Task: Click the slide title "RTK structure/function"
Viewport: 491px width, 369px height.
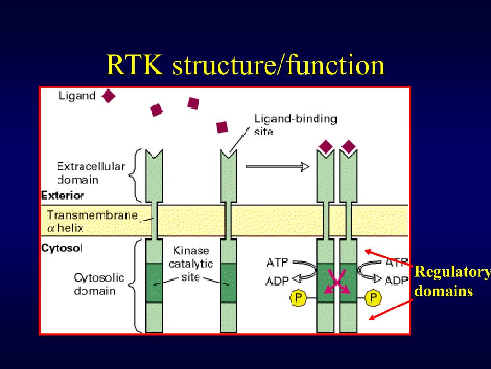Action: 245,65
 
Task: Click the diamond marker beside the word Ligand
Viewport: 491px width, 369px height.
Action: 109,96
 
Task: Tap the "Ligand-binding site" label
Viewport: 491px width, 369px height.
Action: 295,124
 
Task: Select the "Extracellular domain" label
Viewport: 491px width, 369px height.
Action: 91,173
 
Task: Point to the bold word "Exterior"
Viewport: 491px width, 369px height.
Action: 62,196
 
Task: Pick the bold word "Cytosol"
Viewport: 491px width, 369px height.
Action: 62,248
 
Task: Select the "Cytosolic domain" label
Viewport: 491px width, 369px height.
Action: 99,284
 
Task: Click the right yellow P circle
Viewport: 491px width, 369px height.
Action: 374,298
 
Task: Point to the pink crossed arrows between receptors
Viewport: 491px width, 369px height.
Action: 337,282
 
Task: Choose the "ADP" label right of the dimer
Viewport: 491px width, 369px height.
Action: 396,281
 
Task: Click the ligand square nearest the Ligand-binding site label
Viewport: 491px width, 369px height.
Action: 222,127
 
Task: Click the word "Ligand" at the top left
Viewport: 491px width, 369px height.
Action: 77,96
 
